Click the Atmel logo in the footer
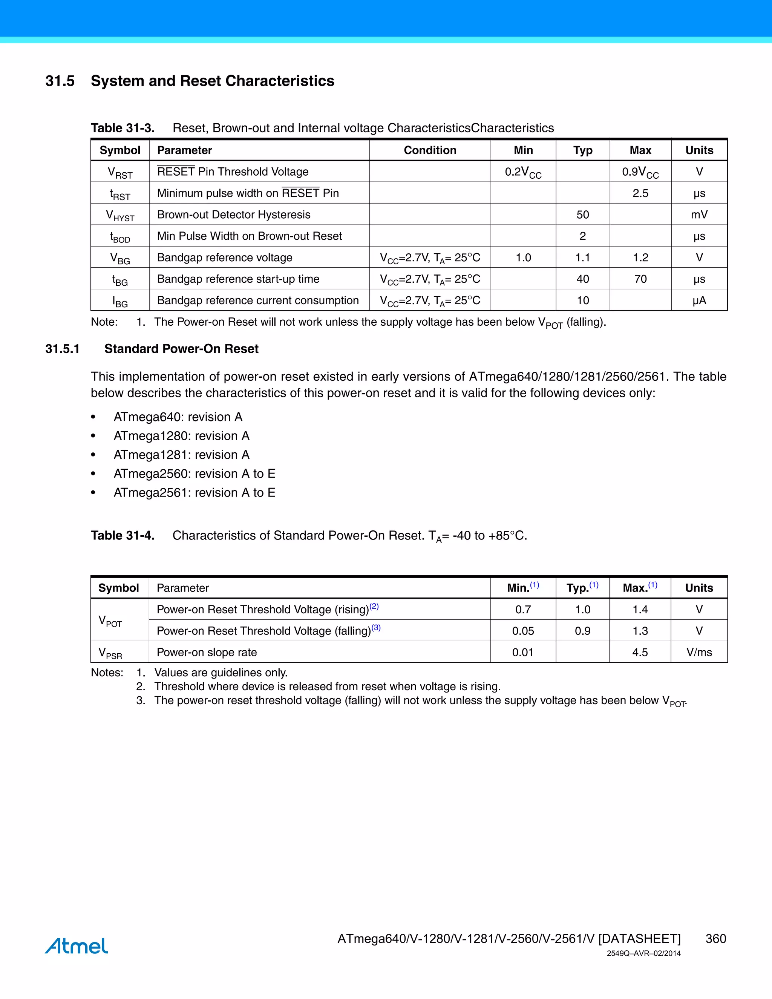(77, 945)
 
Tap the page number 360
(716, 939)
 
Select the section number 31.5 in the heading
(60, 81)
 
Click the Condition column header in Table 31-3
(430, 150)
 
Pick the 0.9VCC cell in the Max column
(640, 172)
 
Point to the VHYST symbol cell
(120, 215)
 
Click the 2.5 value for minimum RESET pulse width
(640, 193)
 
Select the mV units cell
(699, 215)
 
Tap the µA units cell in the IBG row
(699, 300)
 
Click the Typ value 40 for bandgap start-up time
(583, 279)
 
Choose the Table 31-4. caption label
(123, 535)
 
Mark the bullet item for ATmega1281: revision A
(182, 455)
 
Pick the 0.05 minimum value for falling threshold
(523, 631)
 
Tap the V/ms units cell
(699, 652)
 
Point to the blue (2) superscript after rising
(374, 606)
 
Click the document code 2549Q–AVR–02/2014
(643, 953)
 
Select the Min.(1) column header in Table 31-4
(523, 587)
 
